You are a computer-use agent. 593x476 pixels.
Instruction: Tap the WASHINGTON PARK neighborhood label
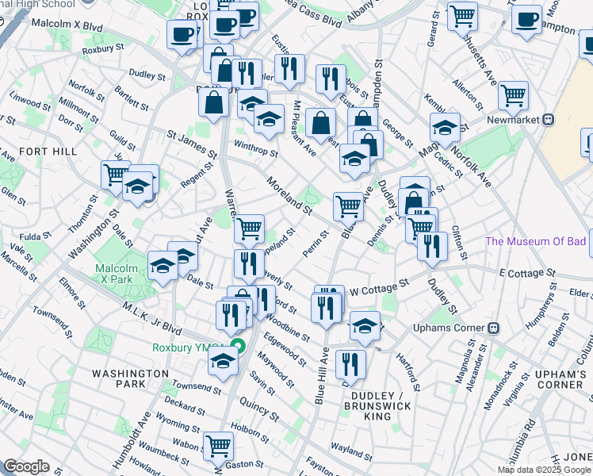118,378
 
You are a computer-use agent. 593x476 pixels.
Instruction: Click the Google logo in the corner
26,466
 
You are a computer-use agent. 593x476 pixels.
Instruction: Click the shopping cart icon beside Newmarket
514,95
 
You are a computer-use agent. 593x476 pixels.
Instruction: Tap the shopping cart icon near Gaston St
218,445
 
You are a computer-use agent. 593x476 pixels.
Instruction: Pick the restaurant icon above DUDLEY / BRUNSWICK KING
350,363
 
